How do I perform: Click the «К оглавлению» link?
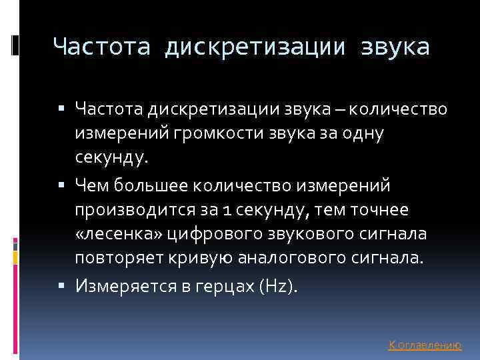point(425,345)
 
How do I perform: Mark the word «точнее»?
point(378,209)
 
